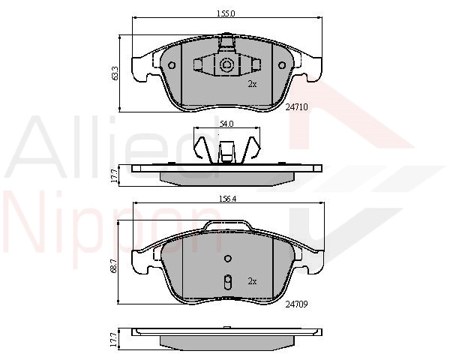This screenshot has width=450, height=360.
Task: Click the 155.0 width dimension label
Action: pyautogui.click(x=226, y=13)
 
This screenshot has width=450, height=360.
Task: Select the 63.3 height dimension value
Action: pyautogui.click(x=115, y=73)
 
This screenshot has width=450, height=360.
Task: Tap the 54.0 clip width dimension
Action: pyautogui.click(x=226, y=124)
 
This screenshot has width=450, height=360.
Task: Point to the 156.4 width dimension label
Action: pyautogui.click(x=227, y=199)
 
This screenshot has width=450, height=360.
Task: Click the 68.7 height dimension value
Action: pyautogui.click(x=114, y=265)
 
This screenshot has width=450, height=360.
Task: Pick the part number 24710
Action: pyautogui.click(x=297, y=107)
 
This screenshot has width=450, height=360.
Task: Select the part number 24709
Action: pyautogui.click(x=297, y=304)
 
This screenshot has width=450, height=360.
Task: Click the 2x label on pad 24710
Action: pyautogui.click(x=252, y=84)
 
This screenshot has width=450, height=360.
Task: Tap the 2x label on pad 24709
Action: pyautogui.click(x=252, y=281)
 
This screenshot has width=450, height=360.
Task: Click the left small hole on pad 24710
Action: pyautogui.click(x=172, y=65)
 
